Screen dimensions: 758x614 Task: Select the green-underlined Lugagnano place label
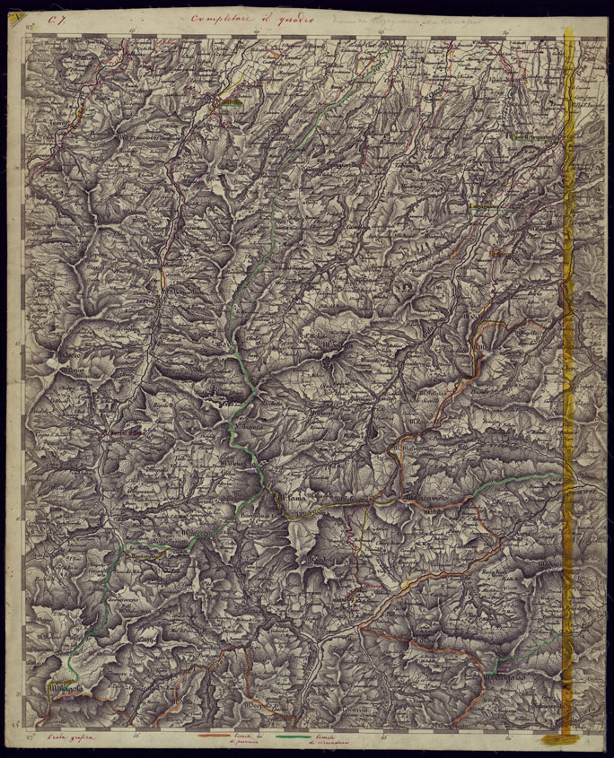[x=485, y=206]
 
